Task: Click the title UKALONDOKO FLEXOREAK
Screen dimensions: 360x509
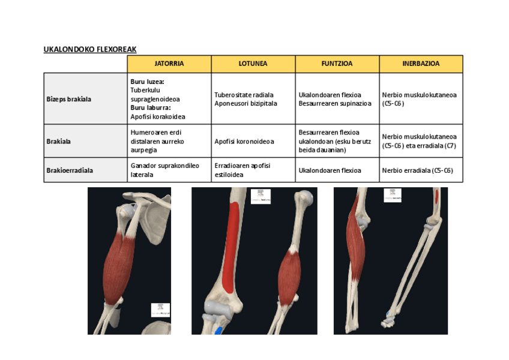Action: [x=94, y=49]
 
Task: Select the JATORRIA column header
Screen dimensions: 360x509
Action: [x=169, y=64]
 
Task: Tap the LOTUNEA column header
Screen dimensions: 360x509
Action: [x=253, y=64]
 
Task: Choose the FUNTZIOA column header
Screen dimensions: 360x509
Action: [x=337, y=64]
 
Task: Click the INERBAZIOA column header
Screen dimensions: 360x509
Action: [x=421, y=64]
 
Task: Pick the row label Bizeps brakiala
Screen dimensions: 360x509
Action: [x=69, y=99]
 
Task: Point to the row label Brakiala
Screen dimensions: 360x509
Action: [x=59, y=142]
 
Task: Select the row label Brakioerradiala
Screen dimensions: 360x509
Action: [x=70, y=170]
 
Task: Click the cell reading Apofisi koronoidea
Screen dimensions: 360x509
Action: [x=244, y=142]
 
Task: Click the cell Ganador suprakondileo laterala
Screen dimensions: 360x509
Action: [x=164, y=170]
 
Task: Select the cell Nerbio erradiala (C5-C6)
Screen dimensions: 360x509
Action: [x=418, y=170]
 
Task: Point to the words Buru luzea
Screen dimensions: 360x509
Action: [x=147, y=81]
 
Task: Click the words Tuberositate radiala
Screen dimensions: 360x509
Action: [x=244, y=95]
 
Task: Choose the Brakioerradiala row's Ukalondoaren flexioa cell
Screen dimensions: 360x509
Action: [x=330, y=170]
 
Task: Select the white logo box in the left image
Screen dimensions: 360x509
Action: [x=160, y=310]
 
